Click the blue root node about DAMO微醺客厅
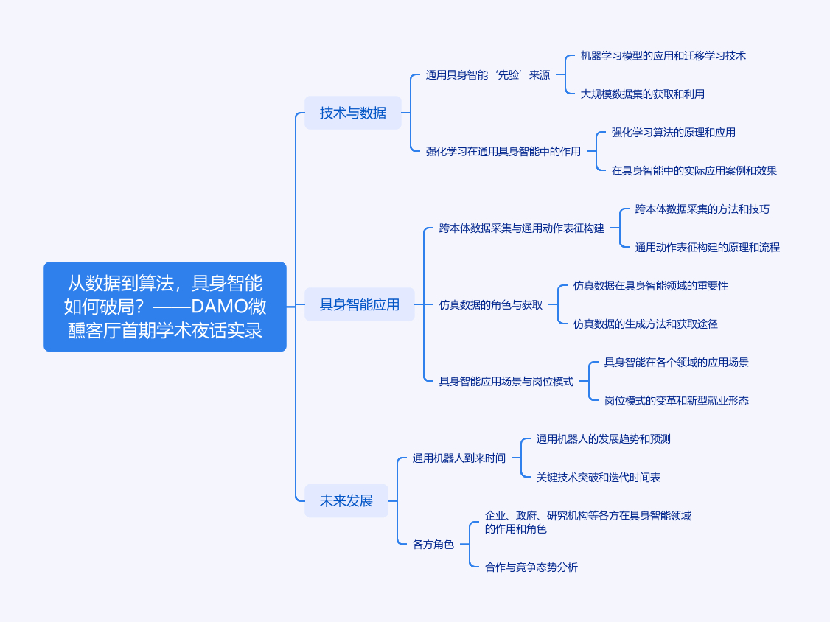[165, 307]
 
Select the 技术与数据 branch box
[353, 113]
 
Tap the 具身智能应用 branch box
[360, 304]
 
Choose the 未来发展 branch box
[346, 500]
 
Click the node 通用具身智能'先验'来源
[488, 75]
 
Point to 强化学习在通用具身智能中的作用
[503, 151]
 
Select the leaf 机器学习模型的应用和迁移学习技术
[663, 55]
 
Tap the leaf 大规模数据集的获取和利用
[643, 94]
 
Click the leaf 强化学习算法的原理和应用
[674, 133]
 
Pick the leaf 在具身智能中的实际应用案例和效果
[694, 170]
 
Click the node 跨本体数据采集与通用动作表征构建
[522, 228]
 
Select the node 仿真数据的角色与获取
[491, 305]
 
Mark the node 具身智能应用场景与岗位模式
[506, 381]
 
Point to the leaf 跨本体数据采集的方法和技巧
[702, 209]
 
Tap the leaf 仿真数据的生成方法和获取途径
[646, 324]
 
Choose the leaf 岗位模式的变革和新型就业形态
[677, 401]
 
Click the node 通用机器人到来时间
[459, 458]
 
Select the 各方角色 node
[433, 544]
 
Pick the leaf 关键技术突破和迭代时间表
[599, 477]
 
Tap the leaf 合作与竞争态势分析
[531, 567]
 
